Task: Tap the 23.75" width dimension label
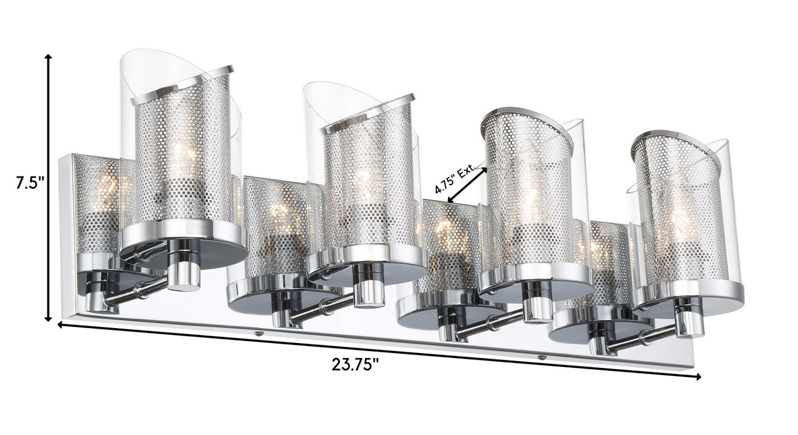point(355,364)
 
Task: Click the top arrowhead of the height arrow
point(48,57)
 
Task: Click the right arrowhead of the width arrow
point(699,377)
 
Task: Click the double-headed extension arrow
point(467,185)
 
